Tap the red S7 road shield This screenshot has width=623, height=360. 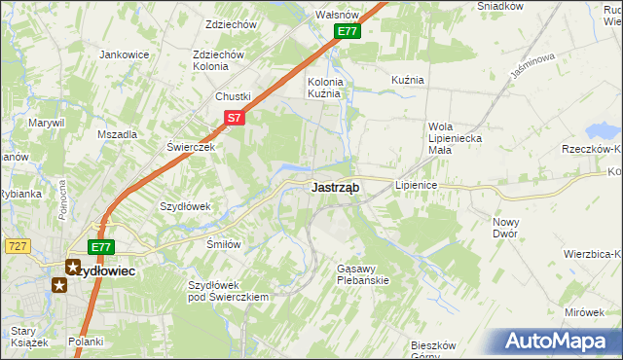234,118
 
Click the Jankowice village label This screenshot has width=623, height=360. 123,54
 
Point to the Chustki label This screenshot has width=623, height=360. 234,96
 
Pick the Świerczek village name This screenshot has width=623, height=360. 190,147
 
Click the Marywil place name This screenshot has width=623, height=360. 46,123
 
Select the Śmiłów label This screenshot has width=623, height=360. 223,244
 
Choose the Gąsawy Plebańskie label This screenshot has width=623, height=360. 362,273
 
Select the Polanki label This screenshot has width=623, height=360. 86,342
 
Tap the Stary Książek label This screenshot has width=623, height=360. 24,337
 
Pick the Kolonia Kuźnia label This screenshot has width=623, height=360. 324,89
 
